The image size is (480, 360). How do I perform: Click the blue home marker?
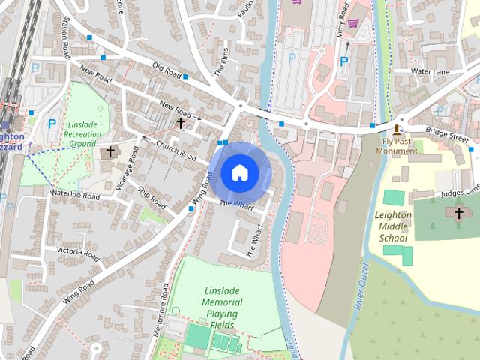pos(239,173)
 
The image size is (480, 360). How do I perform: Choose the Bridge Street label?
pos(448,136)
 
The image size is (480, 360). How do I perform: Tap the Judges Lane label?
pos(460,191)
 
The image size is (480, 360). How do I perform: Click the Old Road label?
pos(167,70)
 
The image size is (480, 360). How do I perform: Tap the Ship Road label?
pos(152,198)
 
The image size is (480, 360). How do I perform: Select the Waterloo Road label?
pos(75,194)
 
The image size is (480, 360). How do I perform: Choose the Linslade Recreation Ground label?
pos(83,133)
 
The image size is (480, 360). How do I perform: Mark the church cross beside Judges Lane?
pos(459,214)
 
